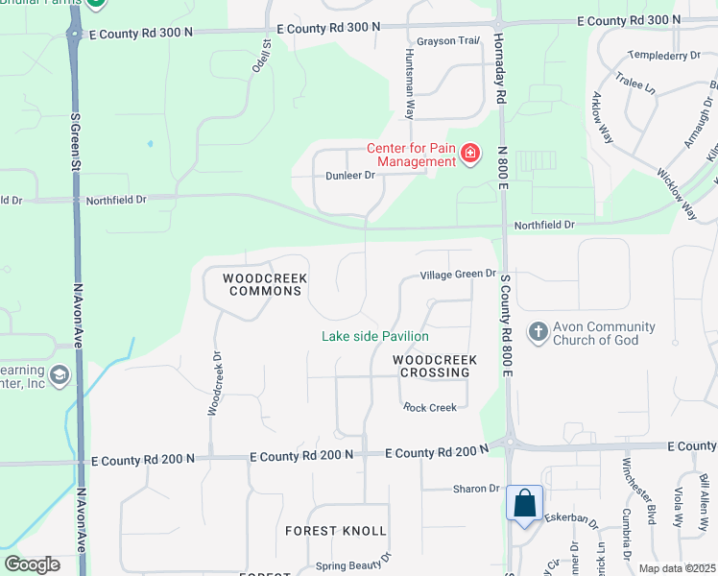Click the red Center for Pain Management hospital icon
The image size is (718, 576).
click(470, 153)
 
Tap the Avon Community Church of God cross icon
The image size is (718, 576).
click(538, 332)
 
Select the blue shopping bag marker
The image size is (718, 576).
click(525, 503)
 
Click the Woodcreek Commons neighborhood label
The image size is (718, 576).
click(265, 284)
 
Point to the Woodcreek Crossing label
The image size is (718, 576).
click(435, 366)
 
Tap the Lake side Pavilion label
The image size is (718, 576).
click(374, 336)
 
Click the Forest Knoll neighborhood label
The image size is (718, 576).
click(336, 530)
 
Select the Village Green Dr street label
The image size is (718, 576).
click(458, 275)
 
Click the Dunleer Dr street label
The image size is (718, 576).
click(349, 176)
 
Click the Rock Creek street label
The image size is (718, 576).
click(430, 408)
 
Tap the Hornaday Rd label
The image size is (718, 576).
click(499, 72)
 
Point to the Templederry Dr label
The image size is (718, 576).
click(663, 56)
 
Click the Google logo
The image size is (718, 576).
click(32, 564)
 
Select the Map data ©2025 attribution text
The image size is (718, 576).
click(676, 568)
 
